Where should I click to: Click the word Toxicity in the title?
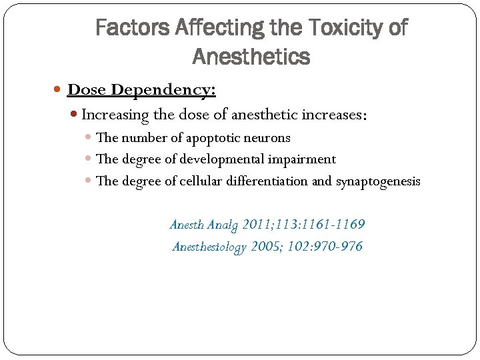click(x=338, y=28)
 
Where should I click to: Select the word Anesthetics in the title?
click(x=251, y=57)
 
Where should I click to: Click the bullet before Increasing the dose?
click(x=75, y=115)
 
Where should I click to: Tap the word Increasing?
click(x=115, y=115)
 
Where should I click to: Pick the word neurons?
click(x=272, y=138)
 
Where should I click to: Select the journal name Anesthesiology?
click(x=209, y=247)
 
